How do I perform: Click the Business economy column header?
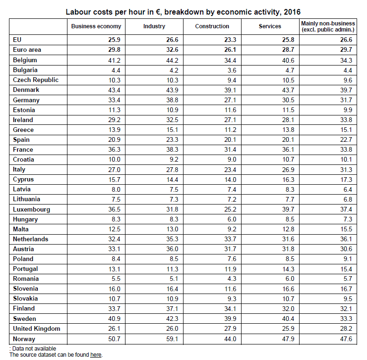point(96,26)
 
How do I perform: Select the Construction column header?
point(212,26)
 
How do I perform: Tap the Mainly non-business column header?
point(328,26)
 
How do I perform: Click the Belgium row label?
point(25,60)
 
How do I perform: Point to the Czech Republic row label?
point(35,80)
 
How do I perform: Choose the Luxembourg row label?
point(31,210)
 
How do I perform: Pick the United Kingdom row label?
point(36,329)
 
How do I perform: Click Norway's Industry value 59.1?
point(172,339)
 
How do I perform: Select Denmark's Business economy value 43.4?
point(114,90)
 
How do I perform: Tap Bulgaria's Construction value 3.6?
point(232,70)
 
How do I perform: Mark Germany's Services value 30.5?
point(288,100)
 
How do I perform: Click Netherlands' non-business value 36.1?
point(346,239)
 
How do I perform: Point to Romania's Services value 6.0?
point(290,278)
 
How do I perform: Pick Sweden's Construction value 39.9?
point(230,319)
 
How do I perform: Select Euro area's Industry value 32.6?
point(172,50)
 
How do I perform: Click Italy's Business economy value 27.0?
point(114,170)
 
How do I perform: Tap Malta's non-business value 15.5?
point(346,229)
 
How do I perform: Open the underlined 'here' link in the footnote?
point(96,355)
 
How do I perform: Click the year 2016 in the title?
point(292,12)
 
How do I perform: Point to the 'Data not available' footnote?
point(33,349)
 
